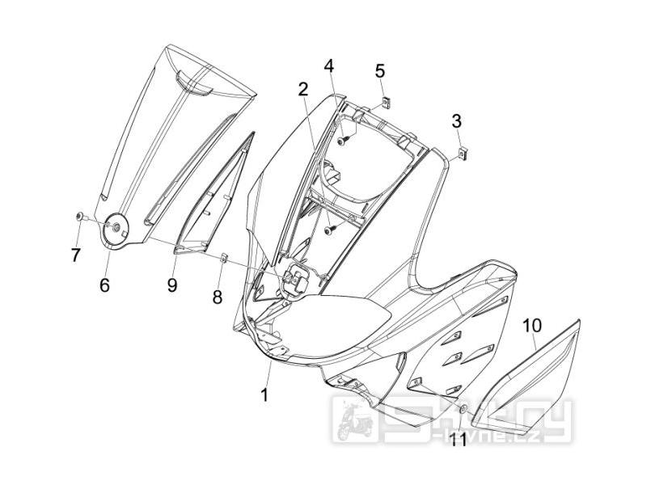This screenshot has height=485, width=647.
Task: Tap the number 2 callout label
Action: click(302, 89)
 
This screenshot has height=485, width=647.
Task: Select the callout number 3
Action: click(457, 122)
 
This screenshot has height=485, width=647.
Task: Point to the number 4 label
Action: click(329, 65)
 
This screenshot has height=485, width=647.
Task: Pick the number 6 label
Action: click(104, 285)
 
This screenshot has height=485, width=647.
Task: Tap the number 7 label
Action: click(75, 255)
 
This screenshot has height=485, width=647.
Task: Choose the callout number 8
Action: click(217, 297)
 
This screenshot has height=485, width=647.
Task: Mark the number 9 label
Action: click(172, 285)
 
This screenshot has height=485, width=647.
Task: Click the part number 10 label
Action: click(531, 327)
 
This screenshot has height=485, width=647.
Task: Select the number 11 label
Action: click(459, 439)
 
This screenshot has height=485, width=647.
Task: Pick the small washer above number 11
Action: click(462, 410)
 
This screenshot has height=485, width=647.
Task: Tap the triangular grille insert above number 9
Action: click(213, 202)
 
